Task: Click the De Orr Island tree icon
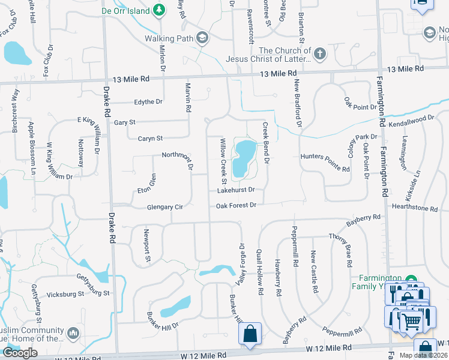click(x=158, y=10)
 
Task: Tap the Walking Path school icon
click(x=202, y=38)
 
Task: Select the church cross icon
click(x=320, y=54)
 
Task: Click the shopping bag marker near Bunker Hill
click(x=249, y=334)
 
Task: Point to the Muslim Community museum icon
click(x=73, y=332)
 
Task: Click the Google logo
click(x=20, y=353)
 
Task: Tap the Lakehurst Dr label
click(x=236, y=190)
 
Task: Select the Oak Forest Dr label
click(x=236, y=205)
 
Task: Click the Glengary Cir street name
click(x=164, y=207)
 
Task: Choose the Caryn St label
click(x=151, y=139)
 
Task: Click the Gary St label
click(x=124, y=122)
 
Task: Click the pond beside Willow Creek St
click(x=245, y=158)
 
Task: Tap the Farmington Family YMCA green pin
click(x=411, y=280)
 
